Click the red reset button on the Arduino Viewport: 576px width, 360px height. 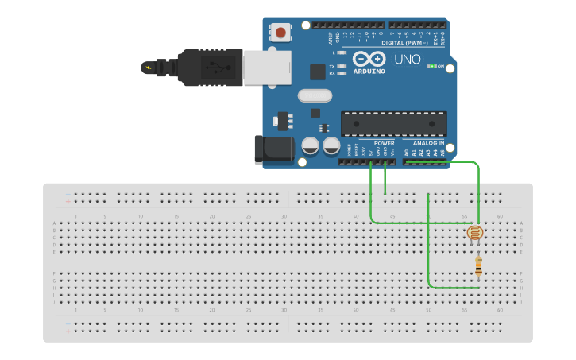[x=280, y=33]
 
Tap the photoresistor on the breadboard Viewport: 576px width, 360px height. [x=475, y=233]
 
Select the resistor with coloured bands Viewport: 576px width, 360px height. [x=478, y=267]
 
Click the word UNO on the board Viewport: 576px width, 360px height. [x=408, y=59]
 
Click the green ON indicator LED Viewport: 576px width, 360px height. [x=431, y=66]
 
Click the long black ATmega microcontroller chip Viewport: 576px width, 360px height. [x=393, y=124]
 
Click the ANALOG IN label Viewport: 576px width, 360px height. [x=429, y=143]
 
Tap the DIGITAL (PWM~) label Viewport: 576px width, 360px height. [x=404, y=43]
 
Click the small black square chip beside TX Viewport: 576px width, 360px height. [x=318, y=72]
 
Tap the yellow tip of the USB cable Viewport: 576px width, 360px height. [x=148, y=67]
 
